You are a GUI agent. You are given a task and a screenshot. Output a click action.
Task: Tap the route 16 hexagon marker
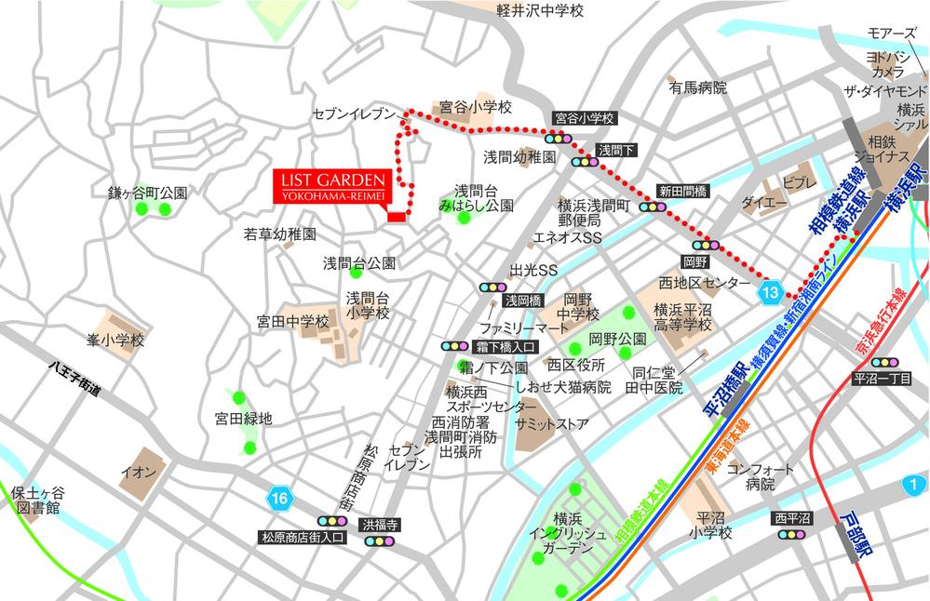click(280, 499)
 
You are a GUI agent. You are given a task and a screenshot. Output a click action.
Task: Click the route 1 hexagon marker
click(915, 484)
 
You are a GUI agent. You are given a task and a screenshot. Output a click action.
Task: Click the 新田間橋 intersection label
click(682, 191)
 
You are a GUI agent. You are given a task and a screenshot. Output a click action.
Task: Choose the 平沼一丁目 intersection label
click(881, 379)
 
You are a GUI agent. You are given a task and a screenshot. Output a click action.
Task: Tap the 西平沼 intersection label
click(792, 517)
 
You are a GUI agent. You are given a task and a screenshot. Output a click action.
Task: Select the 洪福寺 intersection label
click(380, 524)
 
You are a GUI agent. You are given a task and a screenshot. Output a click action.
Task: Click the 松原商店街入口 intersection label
click(303, 538)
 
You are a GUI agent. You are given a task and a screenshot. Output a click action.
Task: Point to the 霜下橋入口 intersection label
click(504, 346)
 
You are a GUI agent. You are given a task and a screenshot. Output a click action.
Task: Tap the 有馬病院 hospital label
click(697, 87)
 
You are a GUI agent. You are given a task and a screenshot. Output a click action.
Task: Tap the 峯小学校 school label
click(116, 341)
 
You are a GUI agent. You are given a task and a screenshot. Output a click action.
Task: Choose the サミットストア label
click(559, 424)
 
